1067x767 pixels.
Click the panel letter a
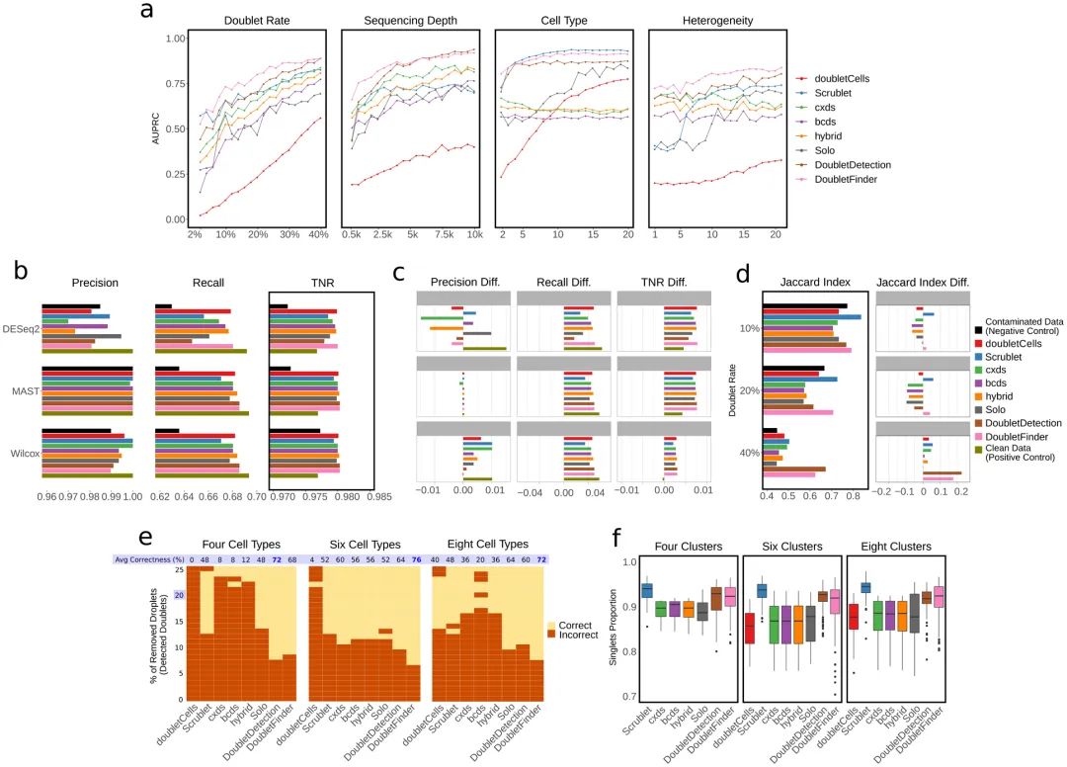click(147, 12)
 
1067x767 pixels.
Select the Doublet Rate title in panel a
click(257, 21)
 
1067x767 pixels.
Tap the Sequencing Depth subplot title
click(408, 21)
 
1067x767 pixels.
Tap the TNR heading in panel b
click(321, 283)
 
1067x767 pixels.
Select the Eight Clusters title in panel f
click(896, 546)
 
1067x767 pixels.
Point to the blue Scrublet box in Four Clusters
click(647, 590)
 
